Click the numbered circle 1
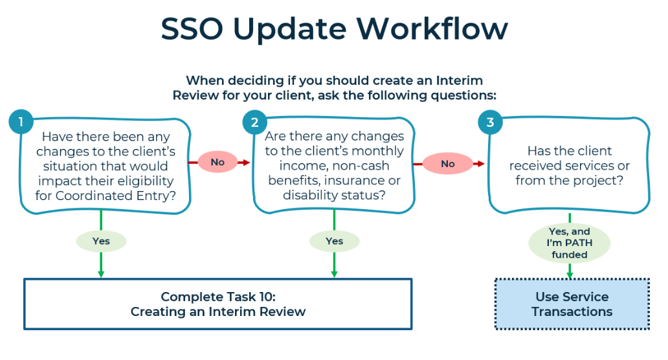(x=21, y=122)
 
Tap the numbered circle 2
(x=255, y=122)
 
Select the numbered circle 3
(x=491, y=122)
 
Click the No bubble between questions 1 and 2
(x=217, y=162)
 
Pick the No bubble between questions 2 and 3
(x=448, y=164)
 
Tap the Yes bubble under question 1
(x=101, y=241)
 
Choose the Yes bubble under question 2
(x=335, y=241)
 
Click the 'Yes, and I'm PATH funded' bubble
(x=570, y=243)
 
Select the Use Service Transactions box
(x=572, y=304)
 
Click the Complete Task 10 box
(x=217, y=304)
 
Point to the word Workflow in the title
(x=432, y=29)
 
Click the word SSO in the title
(x=192, y=29)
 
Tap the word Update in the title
(x=290, y=30)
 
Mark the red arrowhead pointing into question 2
(x=245, y=163)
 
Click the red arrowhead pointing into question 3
(x=480, y=164)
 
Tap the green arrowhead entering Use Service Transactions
(x=570, y=275)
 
